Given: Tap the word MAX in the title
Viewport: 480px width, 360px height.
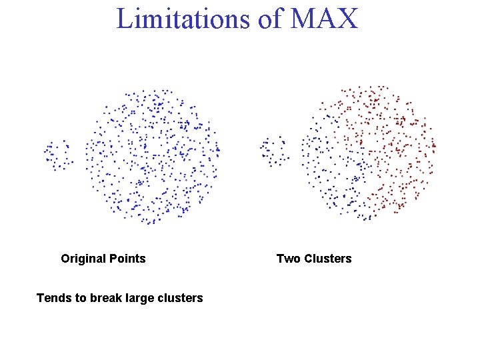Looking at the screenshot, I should [324, 18].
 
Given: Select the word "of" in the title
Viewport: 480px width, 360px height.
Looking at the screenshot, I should [269, 18].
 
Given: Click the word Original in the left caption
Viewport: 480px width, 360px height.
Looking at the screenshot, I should [83, 259].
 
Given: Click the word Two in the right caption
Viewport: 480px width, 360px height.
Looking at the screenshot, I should [288, 259].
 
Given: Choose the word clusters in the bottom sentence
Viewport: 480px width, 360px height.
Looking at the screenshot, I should [178, 298].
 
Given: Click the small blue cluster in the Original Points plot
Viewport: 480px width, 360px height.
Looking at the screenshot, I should [59, 155].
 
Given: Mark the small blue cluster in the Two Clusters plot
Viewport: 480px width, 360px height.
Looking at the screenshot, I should [275, 151].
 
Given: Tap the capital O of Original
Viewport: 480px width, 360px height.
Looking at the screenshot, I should [65, 259].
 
